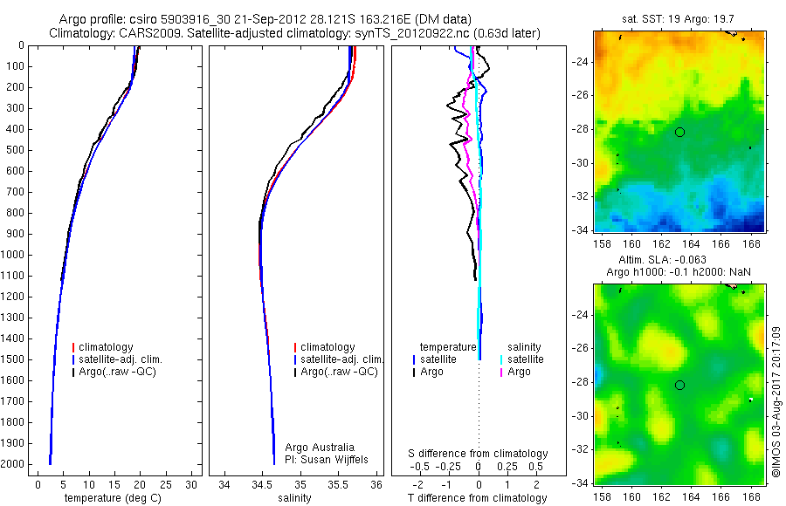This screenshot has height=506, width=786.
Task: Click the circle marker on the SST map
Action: click(x=679, y=132)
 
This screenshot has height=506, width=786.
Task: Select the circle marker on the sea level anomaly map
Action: click(x=679, y=385)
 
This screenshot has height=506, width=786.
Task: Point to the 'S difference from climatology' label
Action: click(x=479, y=454)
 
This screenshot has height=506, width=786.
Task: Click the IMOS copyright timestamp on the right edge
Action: click(x=776, y=401)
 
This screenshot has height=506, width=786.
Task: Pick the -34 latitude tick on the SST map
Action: click(x=580, y=230)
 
